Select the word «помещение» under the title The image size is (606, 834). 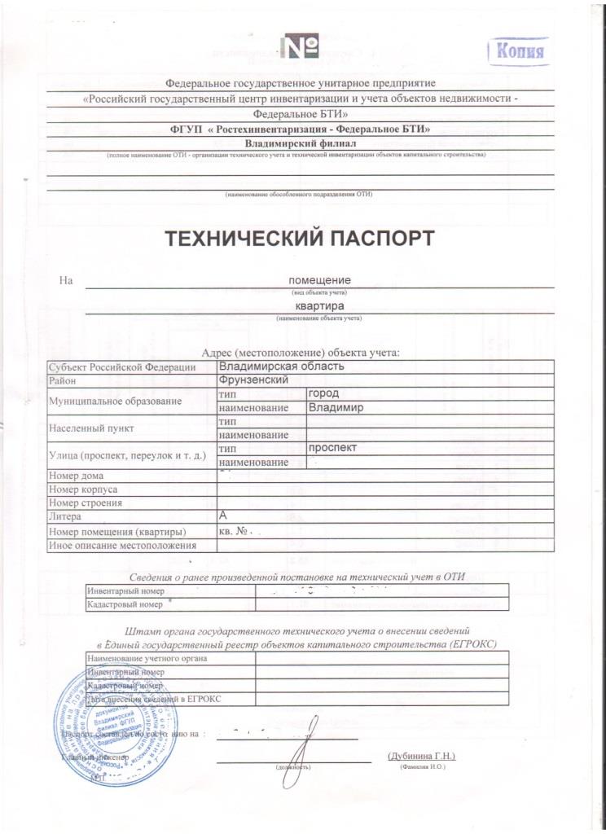tap(320, 281)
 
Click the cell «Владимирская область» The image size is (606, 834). tap(282, 367)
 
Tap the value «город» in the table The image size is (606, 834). tap(323, 393)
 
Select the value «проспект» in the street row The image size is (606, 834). tap(333, 448)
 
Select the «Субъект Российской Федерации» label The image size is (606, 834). tap(122, 367)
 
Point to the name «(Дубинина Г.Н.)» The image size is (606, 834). tap(421, 756)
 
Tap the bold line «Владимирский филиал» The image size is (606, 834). tap(301, 143)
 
